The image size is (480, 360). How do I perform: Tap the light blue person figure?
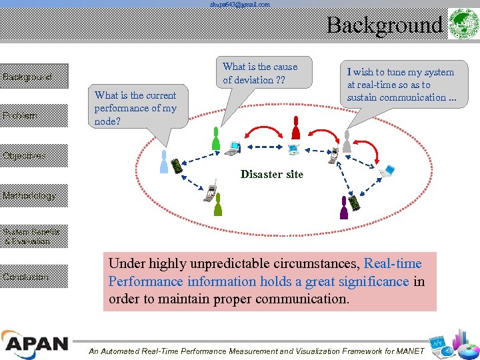coord(164,161)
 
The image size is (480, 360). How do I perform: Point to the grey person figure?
coord(347,141)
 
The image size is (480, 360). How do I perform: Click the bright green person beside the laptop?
coord(215,139)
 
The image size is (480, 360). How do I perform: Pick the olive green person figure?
coord(217,205)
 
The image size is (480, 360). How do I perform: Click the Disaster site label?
coord(271,175)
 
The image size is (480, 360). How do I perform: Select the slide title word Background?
coord(384,25)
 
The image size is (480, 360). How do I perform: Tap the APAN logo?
coord(35,344)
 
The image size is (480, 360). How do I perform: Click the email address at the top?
coord(240,5)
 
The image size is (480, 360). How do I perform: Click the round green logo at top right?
coord(461,25)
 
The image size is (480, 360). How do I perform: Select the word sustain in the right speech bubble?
coord(363,97)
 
